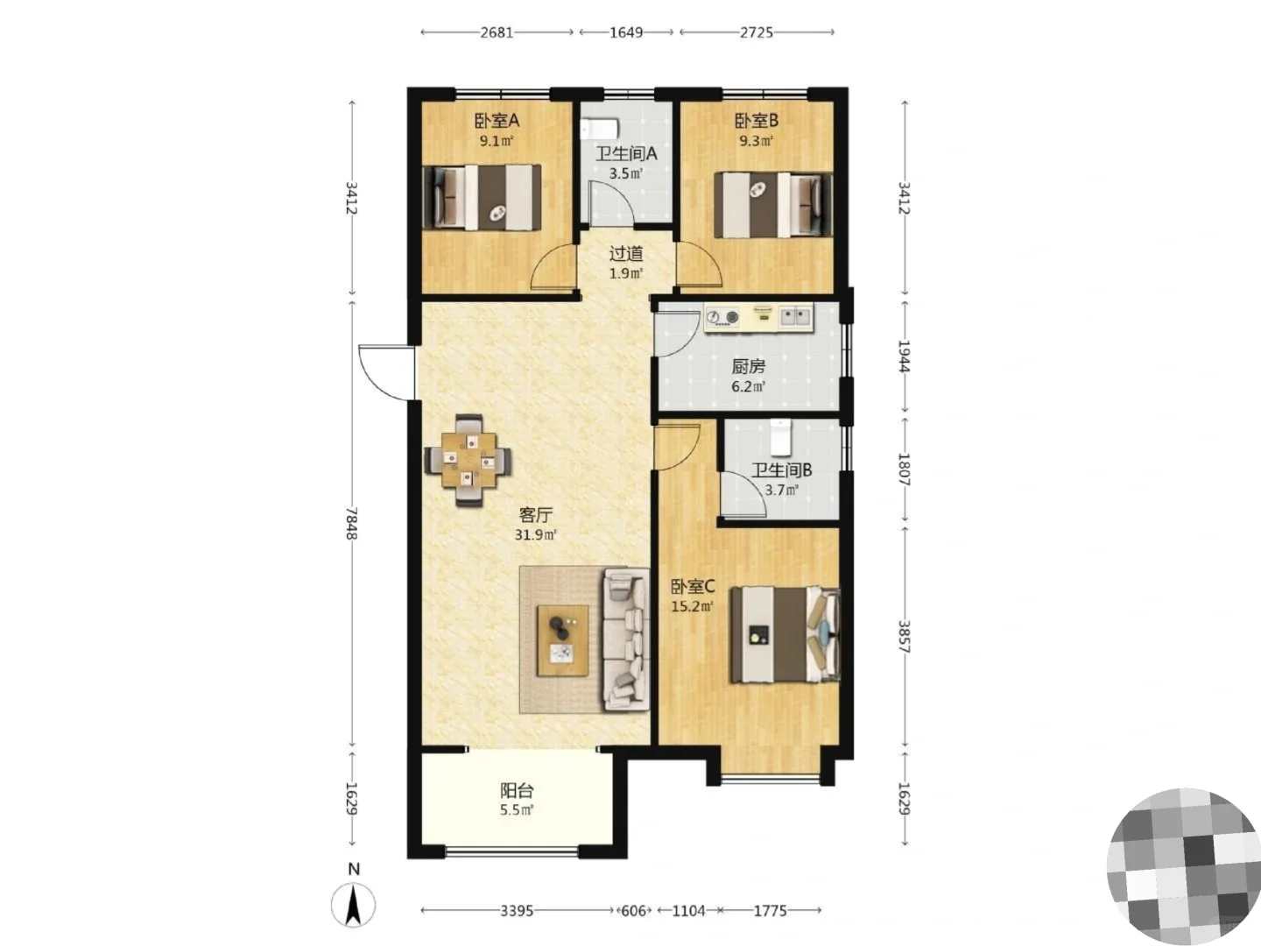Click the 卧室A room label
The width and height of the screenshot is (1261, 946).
coord(497,121)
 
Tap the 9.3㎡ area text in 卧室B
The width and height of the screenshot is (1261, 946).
coord(756,141)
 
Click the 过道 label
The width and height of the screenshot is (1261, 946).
coord(625,253)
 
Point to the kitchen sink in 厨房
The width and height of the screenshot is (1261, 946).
coord(796,316)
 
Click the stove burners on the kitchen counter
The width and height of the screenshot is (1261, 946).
coord(722,317)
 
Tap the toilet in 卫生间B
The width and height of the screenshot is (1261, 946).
coord(781,438)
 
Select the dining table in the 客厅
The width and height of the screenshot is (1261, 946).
coord(468,460)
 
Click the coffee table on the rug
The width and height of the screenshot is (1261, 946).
coord(562,639)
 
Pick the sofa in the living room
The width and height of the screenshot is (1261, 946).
coord(625,639)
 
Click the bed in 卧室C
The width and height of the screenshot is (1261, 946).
coord(785,635)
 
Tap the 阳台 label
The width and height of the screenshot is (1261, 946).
coord(517,791)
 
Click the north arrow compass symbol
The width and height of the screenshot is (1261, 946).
coord(353,905)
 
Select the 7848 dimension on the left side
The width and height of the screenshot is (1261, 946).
coord(351,523)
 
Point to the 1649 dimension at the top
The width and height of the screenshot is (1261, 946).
coord(626,32)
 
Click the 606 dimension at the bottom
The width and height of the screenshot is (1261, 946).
coord(634,910)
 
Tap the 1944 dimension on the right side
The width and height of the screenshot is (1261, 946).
coord(904,357)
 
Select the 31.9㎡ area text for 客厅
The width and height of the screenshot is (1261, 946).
coord(535,534)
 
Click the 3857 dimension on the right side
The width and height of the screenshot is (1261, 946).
coord(904,637)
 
